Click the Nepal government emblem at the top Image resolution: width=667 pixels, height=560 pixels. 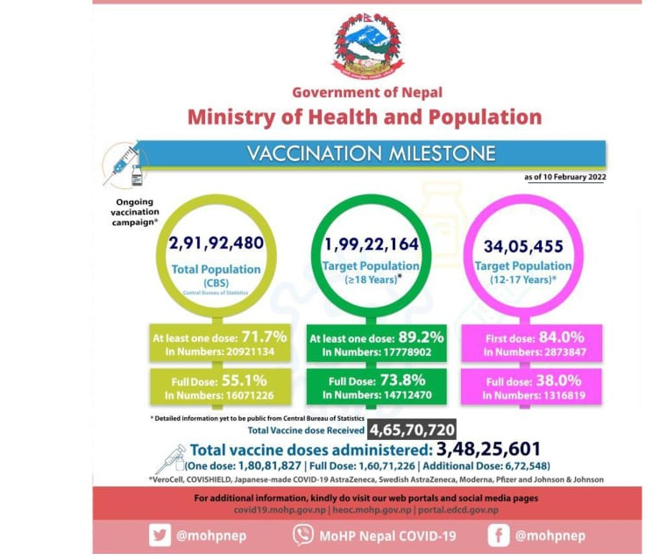pyautogui.click(x=367, y=46)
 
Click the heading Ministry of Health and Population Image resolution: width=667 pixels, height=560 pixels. pyautogui.click(x=364, y=117)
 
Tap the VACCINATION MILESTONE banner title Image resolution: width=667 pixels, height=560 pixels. pyautogui.click(x=371, y=154)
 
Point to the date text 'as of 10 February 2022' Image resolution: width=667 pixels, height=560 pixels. pyautogui.click(x=564, y=177)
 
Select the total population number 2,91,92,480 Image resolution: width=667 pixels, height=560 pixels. pyautogui.click(x=216, y=244)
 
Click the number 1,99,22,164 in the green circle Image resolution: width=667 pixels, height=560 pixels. pyautogui.click(x=371, y=244)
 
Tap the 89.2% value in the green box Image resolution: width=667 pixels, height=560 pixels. pyautogui.click(x=424, y=337)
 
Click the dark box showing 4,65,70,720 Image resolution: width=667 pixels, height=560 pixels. pyautogui.click(x=411, y=429)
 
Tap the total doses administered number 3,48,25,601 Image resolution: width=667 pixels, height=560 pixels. pyautogui.click(x=482, y=449)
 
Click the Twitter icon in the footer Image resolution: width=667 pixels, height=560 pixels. pyautogui.click(x=159, y=535)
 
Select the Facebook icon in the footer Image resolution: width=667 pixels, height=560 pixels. pyautogui.click(x=498, y=535)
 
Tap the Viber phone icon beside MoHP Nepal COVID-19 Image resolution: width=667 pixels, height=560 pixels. pyautogui.click(x=302, y=535)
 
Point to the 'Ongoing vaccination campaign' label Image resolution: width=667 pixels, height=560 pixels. pyautogui.click(x=134, y=212)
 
